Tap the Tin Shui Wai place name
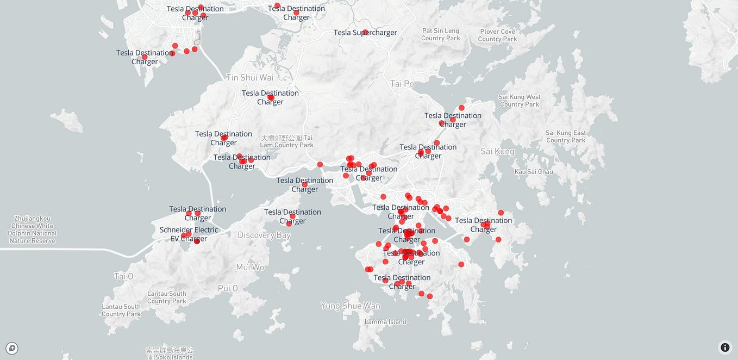(249, 77)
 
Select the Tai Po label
(402, 84)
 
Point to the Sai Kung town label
(497, 151)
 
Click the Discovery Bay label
(264, 235)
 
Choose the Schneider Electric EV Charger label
(189, 234)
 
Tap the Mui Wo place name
(250, 267)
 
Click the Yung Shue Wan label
(350, 306)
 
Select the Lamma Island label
(385, 321)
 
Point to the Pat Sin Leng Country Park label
(440, 34)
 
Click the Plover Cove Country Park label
(497, 35)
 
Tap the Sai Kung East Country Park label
(566, 136)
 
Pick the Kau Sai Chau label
(534, 172)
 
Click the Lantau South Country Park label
(166, 297)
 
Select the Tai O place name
(123, 276)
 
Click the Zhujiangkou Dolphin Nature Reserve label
(33, 229)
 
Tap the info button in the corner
(725, 347)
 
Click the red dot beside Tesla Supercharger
(365, 32)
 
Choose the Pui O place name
(228, 288)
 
